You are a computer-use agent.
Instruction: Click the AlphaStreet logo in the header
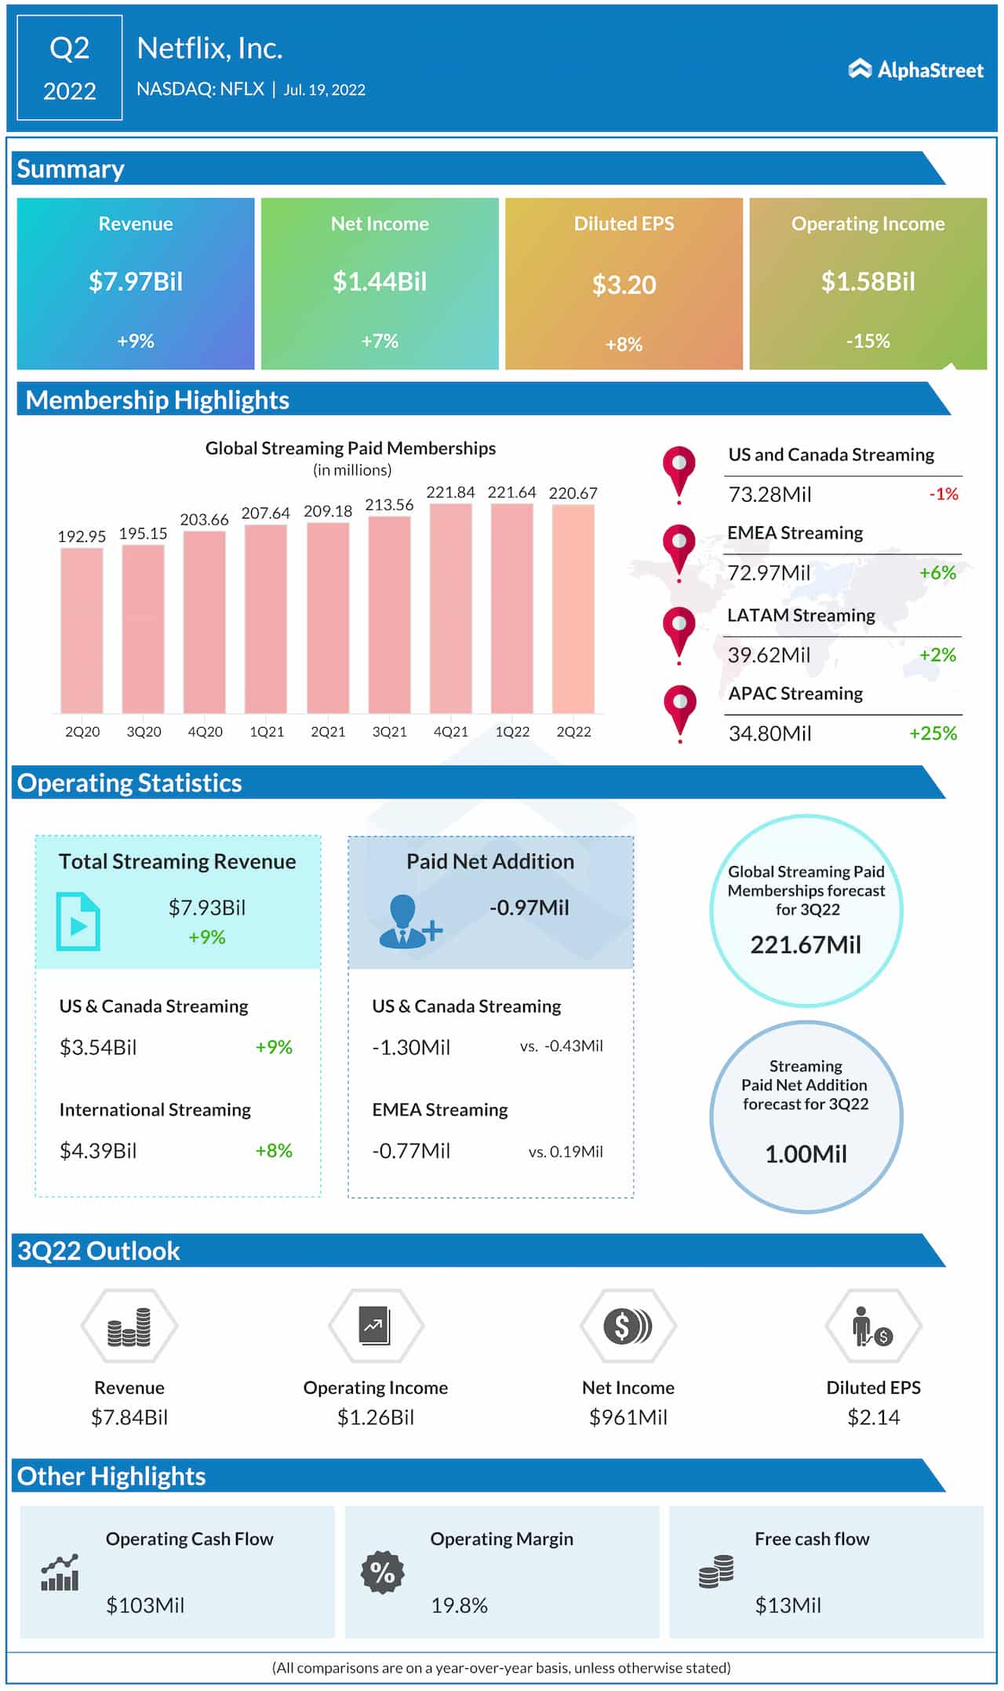[915, 70]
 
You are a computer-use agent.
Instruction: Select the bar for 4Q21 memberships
[450, 608]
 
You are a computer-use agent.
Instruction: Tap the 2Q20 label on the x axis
[82, 732]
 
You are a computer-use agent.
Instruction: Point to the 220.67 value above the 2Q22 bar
[573, 493]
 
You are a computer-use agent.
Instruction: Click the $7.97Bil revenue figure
[136, 282]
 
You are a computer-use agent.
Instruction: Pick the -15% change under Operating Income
[868, 341]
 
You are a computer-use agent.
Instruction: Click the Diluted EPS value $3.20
[624, 285]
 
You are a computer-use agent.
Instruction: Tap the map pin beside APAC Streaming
[679, 708]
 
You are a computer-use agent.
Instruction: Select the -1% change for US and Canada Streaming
[944, 494]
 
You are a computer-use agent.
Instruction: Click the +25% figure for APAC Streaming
[933, 733]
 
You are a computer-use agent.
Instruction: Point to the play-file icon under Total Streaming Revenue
[78, 922]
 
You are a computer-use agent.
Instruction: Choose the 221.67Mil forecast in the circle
[806, 944]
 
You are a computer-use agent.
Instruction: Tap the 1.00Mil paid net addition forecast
[806, 1154]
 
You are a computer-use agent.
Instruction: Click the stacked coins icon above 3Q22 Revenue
[129, 1326]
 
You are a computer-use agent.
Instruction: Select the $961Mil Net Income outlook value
[627, 1417]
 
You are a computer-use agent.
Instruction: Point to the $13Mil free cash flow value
[788, 1606]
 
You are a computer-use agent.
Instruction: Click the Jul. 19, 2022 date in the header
[324, 90]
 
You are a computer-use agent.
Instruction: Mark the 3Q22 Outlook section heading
[99, 1251]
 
